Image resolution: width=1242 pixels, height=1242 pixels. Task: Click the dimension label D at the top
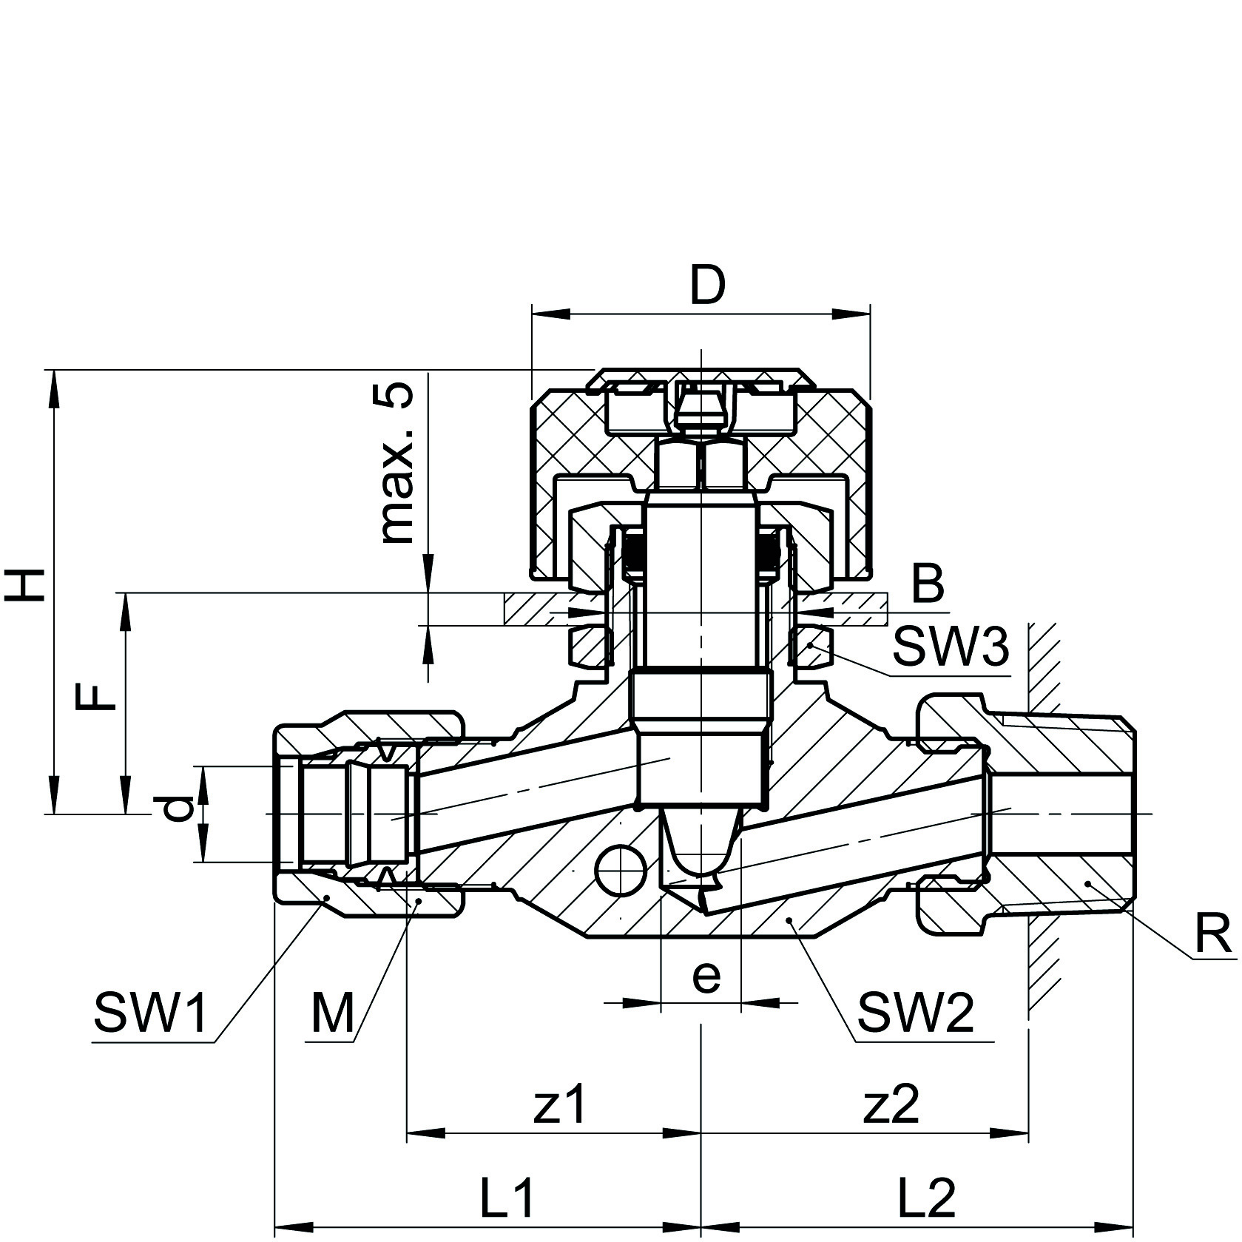pos(707,286)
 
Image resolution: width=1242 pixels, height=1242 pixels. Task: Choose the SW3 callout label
pos(950,647)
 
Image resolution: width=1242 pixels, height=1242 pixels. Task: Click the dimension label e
pos(706,976)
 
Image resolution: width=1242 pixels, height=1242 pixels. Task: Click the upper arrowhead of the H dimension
pos(53,388)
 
